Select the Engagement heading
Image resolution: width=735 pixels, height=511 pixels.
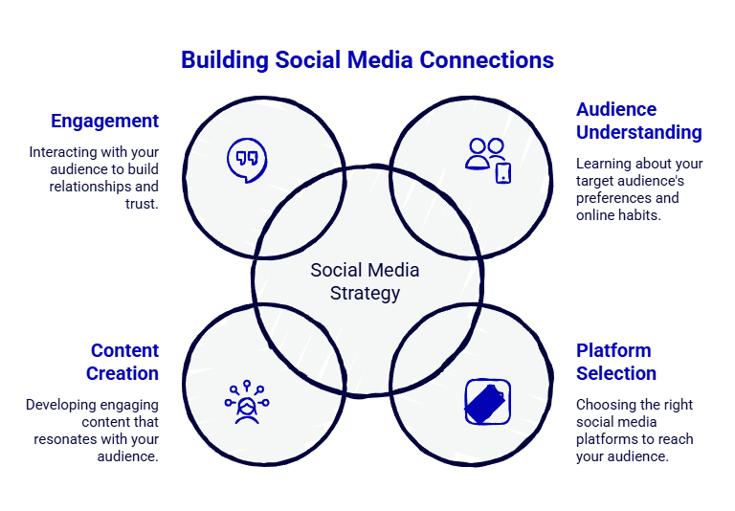(x=104, y=122)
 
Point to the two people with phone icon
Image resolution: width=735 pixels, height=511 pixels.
(x=487, y=159)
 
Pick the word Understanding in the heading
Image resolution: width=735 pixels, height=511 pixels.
(x=639, y=132)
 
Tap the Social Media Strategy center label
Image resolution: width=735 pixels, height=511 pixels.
(x=365, y=281)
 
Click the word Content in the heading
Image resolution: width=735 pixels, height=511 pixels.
(x=124, y=350)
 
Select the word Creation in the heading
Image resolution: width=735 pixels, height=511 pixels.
(x=122, y=373)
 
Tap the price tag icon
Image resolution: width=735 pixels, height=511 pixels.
(x=487, y=402)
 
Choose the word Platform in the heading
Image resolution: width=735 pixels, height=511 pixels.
(x=613, y=350)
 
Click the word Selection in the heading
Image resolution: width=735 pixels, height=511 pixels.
(x=616, y=373)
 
